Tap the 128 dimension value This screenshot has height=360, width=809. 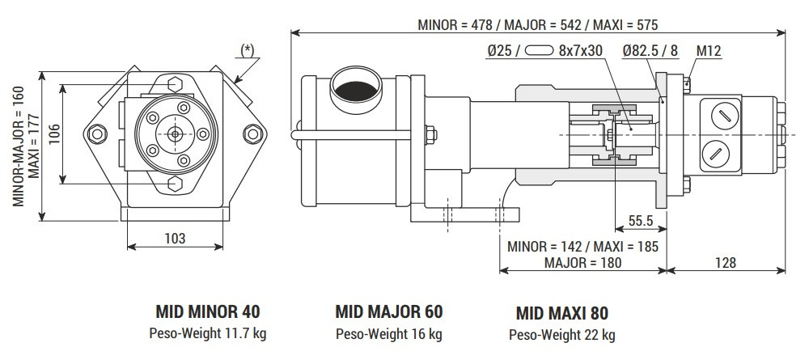(x=725, y=263)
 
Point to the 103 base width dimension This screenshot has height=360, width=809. (x=175, y=238)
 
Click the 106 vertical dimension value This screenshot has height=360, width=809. (x=51, y=133)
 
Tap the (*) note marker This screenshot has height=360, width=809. (x=248, y=49)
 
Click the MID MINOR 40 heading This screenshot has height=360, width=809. (x=208, y=311)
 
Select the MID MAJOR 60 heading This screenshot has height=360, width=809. (x=388, y=311)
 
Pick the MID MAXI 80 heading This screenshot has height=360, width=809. (x=561, y=313)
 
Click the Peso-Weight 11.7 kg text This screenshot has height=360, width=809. (x=208, y=332)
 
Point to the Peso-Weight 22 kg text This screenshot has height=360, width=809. (x=561, y=334)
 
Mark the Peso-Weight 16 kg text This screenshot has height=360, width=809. (x=388, y=332)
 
